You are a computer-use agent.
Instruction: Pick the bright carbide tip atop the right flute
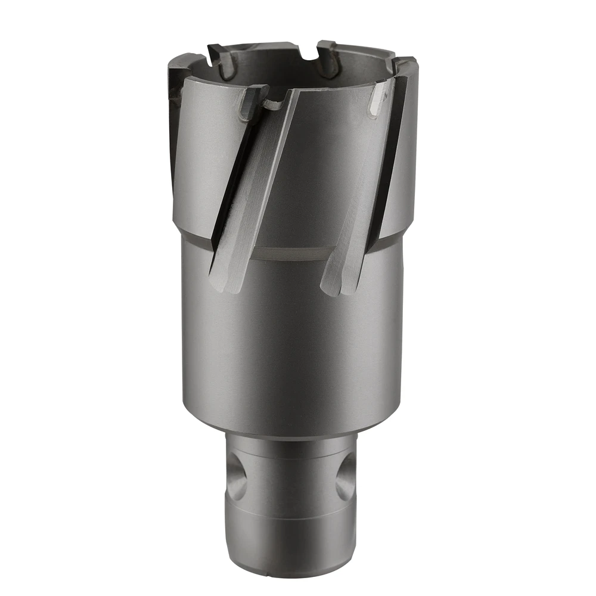click(x=379, y=98)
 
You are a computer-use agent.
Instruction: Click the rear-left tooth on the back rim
click(x=219, y=57)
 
